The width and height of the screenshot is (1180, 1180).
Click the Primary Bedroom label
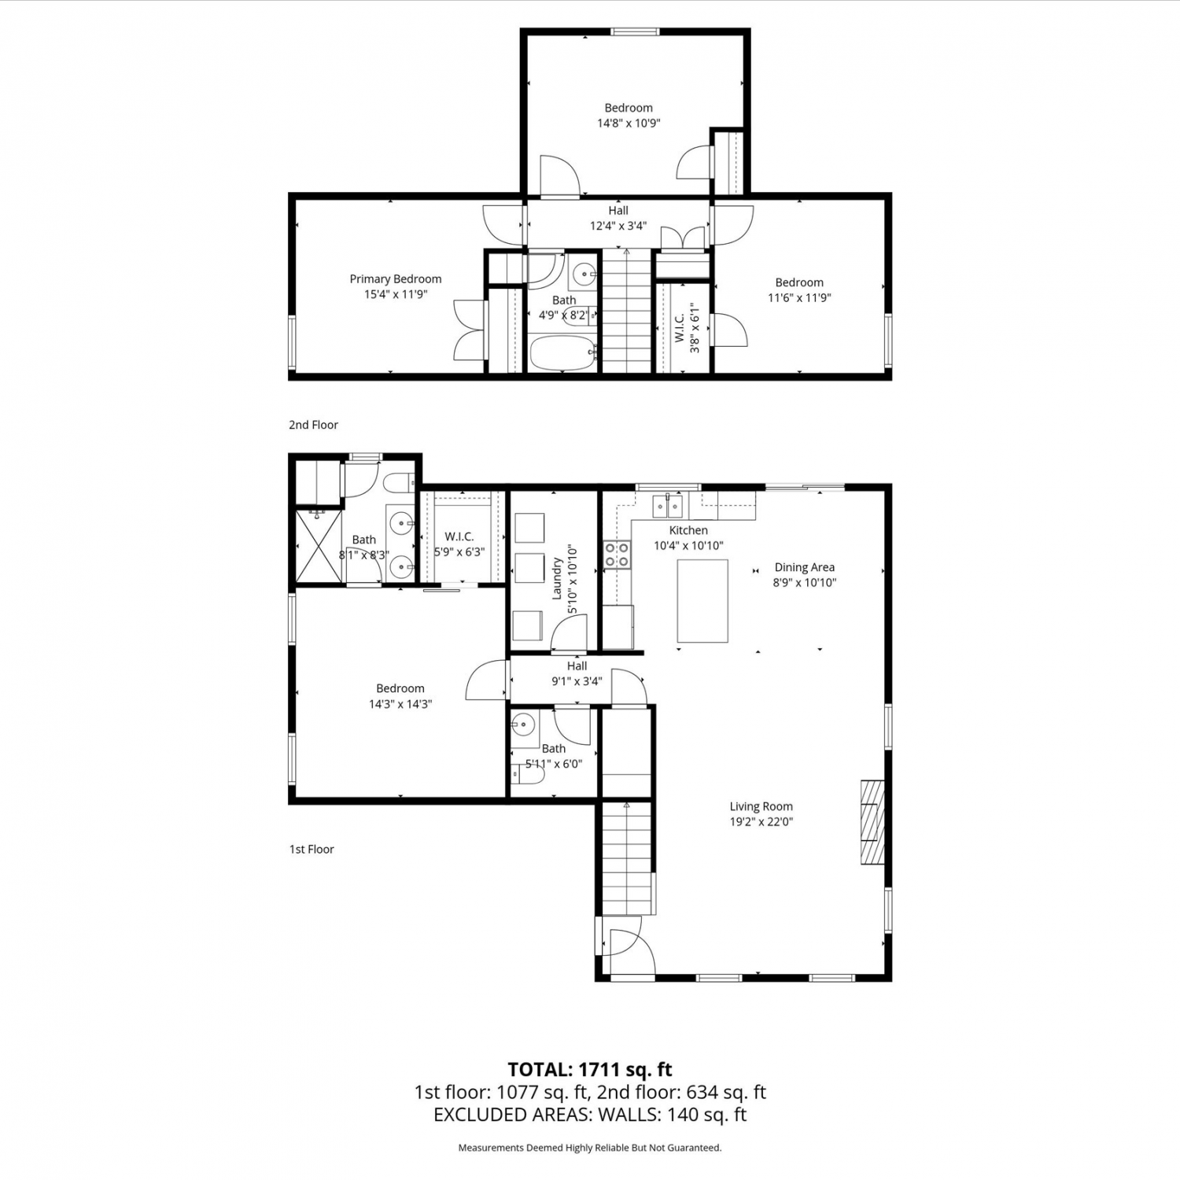click(x=396, y=279)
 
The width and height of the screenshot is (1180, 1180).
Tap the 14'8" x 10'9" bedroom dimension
click(x=629, y=124)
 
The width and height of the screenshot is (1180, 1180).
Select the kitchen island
click(x=702, y=601)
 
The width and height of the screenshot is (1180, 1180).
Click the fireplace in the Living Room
click(x=872, y=823)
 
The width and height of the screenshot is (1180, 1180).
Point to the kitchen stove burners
click(x=617, y=555)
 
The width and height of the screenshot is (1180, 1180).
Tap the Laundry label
click(x=557, y=579)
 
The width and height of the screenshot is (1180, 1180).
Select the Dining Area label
click(x=805, y=567)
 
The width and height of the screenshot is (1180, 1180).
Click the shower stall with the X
click(x=319, y=547)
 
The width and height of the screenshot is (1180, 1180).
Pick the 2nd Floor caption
click(x=313, y=425)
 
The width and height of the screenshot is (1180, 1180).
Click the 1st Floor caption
click(x=312, y=850)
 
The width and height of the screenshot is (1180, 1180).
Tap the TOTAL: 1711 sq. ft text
click(x=590, y=1070)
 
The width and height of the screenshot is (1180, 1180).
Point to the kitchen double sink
click(x=667, y=506)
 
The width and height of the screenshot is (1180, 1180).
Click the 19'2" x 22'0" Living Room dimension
click(x=761, y=822)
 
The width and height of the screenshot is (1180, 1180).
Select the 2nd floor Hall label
click(x=618, y=211)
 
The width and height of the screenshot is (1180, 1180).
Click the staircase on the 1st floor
click(x=628, y=857)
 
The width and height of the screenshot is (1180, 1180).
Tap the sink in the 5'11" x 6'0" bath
click(x=523, y=725)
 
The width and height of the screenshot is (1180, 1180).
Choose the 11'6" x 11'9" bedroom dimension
click(x=799, y=298)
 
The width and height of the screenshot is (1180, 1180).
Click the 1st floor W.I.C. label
click(x=459, y=537)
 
